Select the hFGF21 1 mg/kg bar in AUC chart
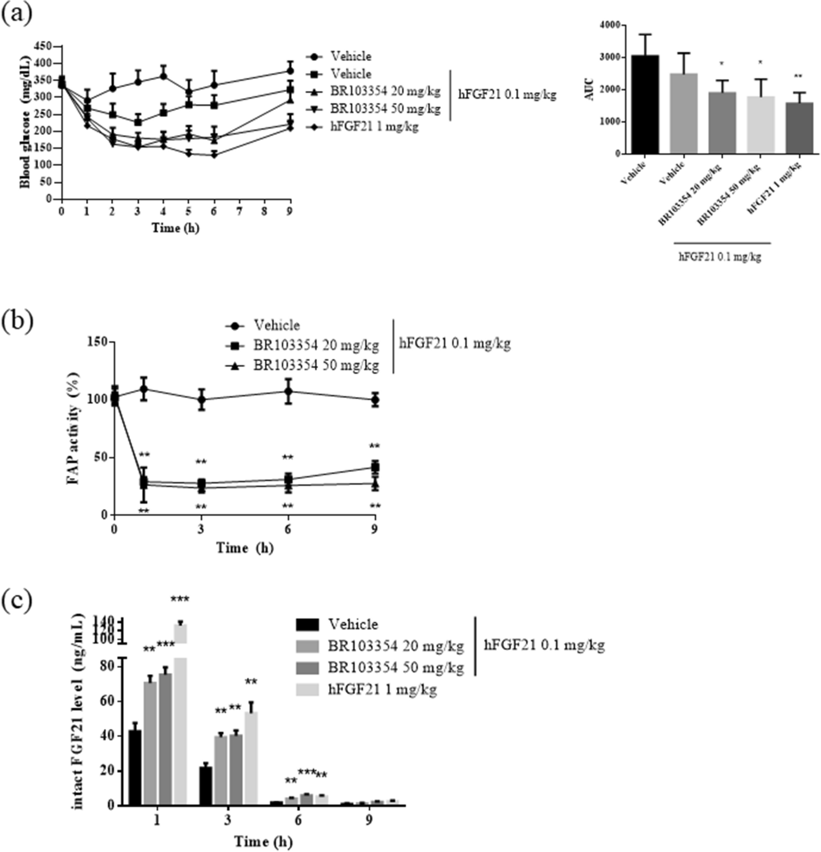(799, 128)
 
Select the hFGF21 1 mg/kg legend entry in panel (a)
(374, 126)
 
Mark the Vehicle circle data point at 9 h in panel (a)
(290, 71)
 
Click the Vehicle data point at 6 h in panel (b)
(288, 391)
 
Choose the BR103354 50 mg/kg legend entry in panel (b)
(315, 365)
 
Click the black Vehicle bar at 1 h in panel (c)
(135, 767)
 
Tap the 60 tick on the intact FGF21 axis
(108, 701)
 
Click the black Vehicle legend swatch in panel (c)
(307, 625)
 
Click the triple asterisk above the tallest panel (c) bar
(180, 599)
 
